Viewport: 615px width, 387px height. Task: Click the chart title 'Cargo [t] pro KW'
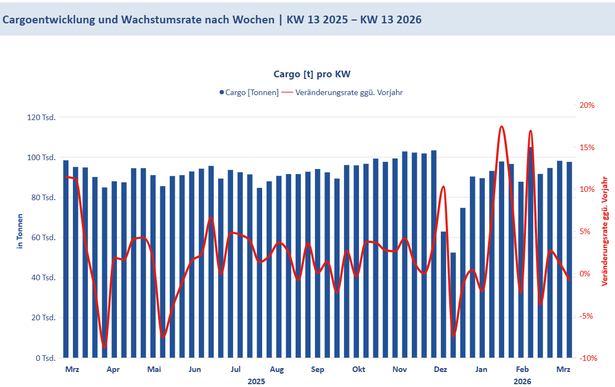tap(312, 74)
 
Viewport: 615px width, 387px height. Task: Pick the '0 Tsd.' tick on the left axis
tap(46, 358)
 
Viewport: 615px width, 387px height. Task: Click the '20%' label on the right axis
tap(587, 105)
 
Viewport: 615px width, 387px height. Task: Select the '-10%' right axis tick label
tap(588, 358)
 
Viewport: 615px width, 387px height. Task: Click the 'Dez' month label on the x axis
tap(440, 369)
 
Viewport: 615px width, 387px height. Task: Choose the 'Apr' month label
tap(113, 369)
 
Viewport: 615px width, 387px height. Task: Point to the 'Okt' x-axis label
tap(359, 369)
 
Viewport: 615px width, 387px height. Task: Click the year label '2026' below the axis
tap(522, 381)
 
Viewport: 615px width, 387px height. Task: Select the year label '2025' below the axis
tap(256, 381)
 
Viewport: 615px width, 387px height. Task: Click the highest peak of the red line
tap(501, 126)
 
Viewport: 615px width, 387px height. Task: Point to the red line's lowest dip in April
tap(105, 348)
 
